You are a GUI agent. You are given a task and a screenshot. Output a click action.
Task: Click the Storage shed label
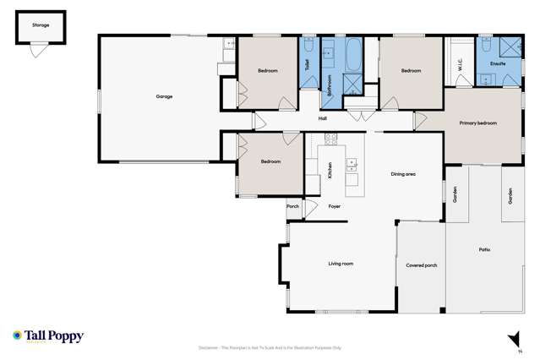[x=41, y=25]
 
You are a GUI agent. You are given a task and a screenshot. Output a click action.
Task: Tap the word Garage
[x=164, y=96]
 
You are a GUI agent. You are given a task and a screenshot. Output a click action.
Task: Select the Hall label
[x=323, y=118]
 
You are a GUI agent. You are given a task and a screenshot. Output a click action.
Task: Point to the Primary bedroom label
[x=477, y=123]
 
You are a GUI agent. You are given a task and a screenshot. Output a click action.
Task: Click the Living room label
[x=341, y=264]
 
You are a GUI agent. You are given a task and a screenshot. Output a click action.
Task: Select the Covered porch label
[x=421, y=265]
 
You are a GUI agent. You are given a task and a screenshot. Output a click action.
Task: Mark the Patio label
[x=484, y=249]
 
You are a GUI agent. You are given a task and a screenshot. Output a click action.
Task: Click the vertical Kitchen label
[x=330, y=171]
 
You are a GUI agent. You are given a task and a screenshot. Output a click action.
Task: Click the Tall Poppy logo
[x=48, y=335]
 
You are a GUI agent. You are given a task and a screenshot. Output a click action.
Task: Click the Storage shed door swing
[x=35, y=52]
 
